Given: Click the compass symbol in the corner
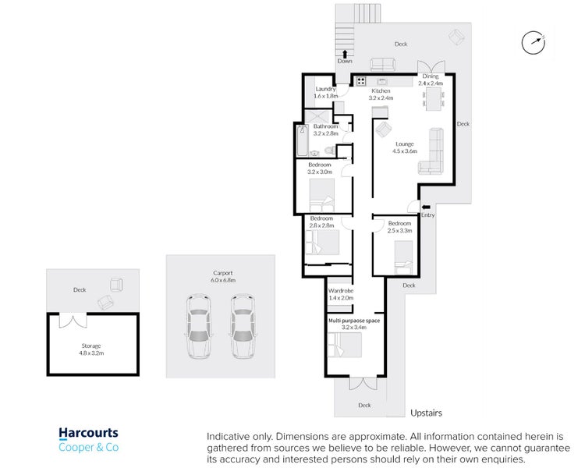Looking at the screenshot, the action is pyautogui.click(x=534, y=43).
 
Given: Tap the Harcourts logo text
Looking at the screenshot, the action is pyautogui.click(x=88, y=433).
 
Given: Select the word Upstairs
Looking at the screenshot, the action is pyautogui.click(x=426, y=413).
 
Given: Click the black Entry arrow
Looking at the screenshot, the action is pyautogui.click(x=426, y=207).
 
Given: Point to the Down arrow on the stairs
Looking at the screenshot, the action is pyautogui.click(x=345, y=54).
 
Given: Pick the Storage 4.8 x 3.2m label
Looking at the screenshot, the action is pyautogui.click(x=91, y=349).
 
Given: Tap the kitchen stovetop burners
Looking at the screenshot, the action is pyautogui.click(x=360, y=81).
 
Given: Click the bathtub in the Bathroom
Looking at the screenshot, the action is pyautogui.click(x=302, y=140).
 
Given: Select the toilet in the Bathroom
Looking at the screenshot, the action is pyautogui.click(x=329, y=151).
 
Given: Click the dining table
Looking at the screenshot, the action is pyautogui.click(x=434, y=99).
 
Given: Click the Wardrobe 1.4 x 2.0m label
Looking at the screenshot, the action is pyautogui.click(x=341, y=294).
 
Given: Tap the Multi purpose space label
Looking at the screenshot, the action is pyautogui.click(x=353, y=324).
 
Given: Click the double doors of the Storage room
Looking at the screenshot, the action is pyautogui.click(x=73, y=321).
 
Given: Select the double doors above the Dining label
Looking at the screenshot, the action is pyautogui.click(x=431, y=66).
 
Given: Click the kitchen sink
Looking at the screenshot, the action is pyautogui.click(x=382, y=81).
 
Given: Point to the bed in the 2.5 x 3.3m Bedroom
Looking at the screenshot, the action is pyautogui.click(x=404, y=257).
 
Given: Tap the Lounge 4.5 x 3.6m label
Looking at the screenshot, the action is pyautogui.click(x=405, y=147).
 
